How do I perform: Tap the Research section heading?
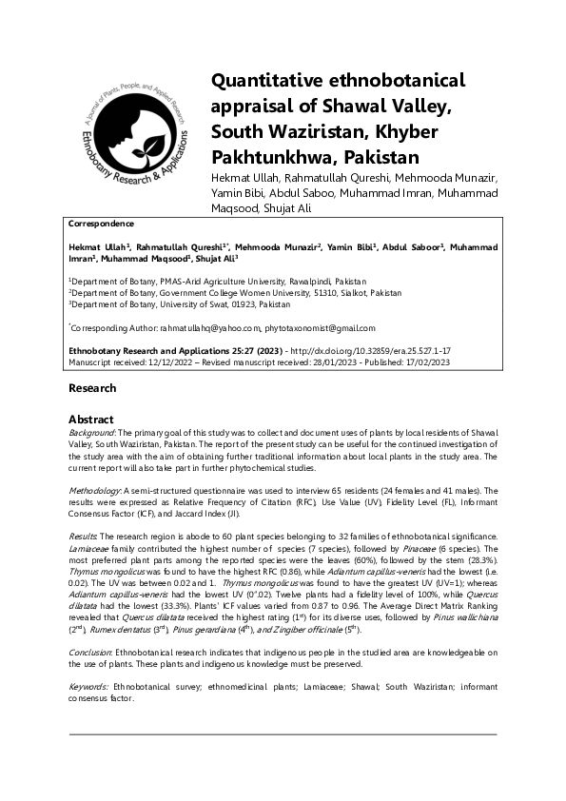coord(92,388)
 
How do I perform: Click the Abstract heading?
coord(91,419)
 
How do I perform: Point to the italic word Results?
coord(84,537)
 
